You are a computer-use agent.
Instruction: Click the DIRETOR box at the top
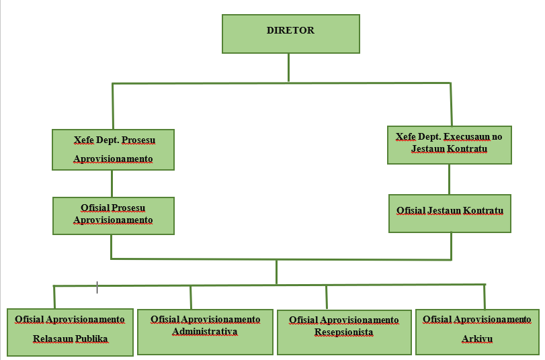coord(290,34)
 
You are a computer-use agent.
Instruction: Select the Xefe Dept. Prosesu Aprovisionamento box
coord(113,150)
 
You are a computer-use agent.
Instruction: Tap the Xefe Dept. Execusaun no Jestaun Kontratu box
coord(449,144)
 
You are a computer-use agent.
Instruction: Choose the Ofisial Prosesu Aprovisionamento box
coord(113,215)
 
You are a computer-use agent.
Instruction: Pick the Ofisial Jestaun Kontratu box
coord(449,214)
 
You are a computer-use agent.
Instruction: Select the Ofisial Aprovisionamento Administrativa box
coord(205,332)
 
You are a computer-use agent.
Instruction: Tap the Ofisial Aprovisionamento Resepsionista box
coord(344,332)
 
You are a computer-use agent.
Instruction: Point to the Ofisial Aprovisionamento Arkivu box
coord(477,331)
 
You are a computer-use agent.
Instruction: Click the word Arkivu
coord(477,339)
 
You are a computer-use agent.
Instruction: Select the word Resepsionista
coord(344,332)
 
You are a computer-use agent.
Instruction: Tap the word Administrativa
coord(205,331)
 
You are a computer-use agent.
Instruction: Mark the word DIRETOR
coord(290,30)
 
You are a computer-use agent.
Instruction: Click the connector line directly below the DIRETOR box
coord(289,67)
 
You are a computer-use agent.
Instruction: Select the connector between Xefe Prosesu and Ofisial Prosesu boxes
coord(112,183)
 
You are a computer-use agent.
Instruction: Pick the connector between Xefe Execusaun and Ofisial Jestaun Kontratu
coord(449,179)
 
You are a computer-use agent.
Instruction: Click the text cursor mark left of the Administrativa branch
coord(97,287)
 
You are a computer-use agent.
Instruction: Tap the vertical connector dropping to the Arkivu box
coord(484,297)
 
